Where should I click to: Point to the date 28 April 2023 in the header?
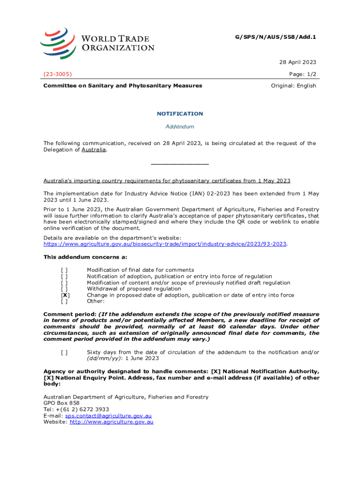click(x=298, y=62)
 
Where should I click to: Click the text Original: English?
click(x=294, y=86)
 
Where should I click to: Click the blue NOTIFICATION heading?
click(x=180, y=114)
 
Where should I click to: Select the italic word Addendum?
click(x=180, y=127)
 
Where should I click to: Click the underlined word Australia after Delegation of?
click(x=94, y=150)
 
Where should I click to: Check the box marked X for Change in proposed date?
click(x=65, y=295)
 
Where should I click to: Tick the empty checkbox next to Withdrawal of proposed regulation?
click(x=64, y=289)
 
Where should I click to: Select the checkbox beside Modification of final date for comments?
click(x=64, y=270)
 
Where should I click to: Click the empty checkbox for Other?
click(x=64, y=302)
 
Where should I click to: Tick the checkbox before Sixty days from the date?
click(x=64, y=352)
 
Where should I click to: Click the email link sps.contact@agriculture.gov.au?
click(x=108, y=415)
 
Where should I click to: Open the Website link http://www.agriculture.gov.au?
click(x=111, y=422)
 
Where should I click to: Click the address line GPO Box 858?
click(x=61, y=403)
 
